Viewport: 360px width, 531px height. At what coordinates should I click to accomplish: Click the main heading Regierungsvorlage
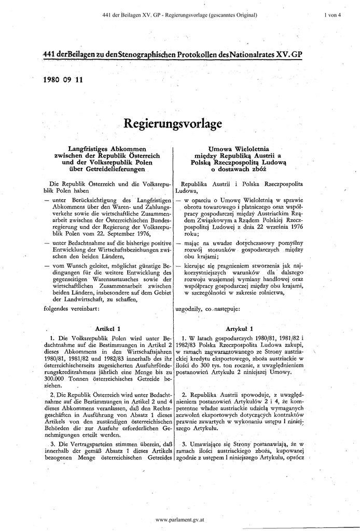(x=173, y=124)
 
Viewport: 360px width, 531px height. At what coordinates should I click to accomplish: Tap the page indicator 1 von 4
(x=332, y=15)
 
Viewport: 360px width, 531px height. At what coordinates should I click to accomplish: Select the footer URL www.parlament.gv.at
(x=180, y=519)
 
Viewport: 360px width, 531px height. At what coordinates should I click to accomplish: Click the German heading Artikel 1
(x=108, y=328)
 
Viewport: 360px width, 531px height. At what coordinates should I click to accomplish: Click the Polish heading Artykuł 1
(x=240, y=328)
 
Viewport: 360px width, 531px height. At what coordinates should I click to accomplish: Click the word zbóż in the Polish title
(x=258, y=169)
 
